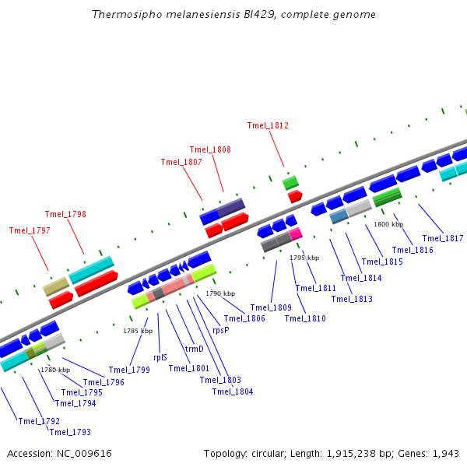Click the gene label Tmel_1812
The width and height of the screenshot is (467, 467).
(x=268, y=125)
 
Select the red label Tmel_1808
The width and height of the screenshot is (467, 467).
(x=210, y=149)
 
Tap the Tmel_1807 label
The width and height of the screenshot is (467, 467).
(x=181, y=162)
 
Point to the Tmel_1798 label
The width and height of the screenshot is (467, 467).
(x=65, y=214)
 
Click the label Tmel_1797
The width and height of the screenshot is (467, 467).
(x=30, y=230)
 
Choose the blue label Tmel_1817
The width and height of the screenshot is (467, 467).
(x=443, y=238)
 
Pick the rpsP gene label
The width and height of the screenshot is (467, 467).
(x=221, y=330)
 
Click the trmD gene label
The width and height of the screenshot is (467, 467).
(x=194, y=349)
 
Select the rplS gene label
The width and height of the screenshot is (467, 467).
(x=160, y=357)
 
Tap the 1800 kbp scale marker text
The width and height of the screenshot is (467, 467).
(x=388, y=224)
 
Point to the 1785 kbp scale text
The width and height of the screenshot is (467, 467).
(x=138, y=331)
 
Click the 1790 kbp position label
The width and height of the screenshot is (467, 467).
(x=220, y=293)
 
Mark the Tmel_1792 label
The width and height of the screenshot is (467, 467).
(x=39, y=421)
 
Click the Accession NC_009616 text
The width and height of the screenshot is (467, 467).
(x=59, y=453)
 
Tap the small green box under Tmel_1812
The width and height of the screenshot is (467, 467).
(x=290, y=183)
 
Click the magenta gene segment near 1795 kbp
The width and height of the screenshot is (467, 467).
(x=296, y=233)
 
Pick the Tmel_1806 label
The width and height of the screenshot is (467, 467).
(x=244, y=318)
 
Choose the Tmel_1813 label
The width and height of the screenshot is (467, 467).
(x=352, y=299)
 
